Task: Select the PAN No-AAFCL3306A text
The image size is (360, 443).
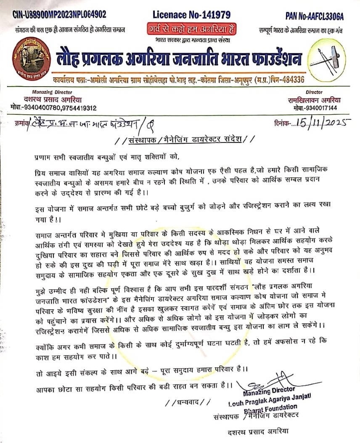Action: [314, 16]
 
